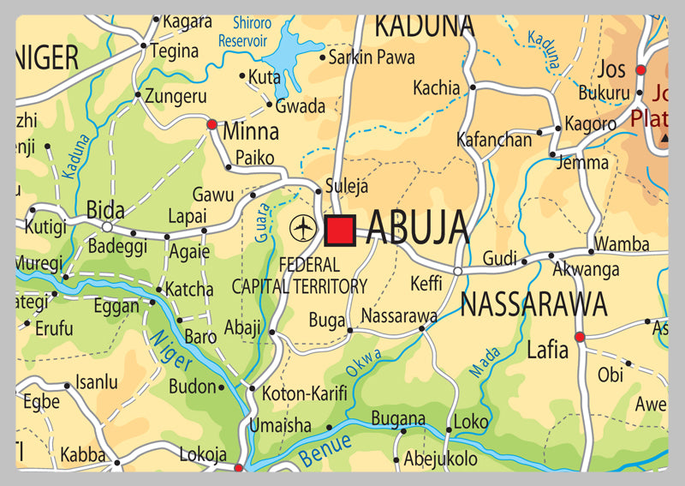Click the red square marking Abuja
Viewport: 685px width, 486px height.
point(340,230)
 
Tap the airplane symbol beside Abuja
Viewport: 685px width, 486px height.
point(302,228)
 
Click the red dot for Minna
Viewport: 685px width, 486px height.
point(211,125)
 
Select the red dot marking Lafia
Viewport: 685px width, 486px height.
point(580,337)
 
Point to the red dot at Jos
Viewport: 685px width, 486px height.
point(640,69)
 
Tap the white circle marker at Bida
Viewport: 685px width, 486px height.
point(107,227)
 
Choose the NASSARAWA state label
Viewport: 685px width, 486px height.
point(533,303)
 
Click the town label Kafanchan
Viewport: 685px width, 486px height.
point(494,140)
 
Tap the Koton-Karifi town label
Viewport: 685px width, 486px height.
point(305,394)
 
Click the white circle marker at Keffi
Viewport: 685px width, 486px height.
point(458,272)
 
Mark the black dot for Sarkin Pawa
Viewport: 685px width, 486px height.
point(323,58)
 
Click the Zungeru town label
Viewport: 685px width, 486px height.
point(176,96)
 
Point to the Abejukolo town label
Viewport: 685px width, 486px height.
point(440,459)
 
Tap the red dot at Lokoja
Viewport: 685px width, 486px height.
point(238,467)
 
